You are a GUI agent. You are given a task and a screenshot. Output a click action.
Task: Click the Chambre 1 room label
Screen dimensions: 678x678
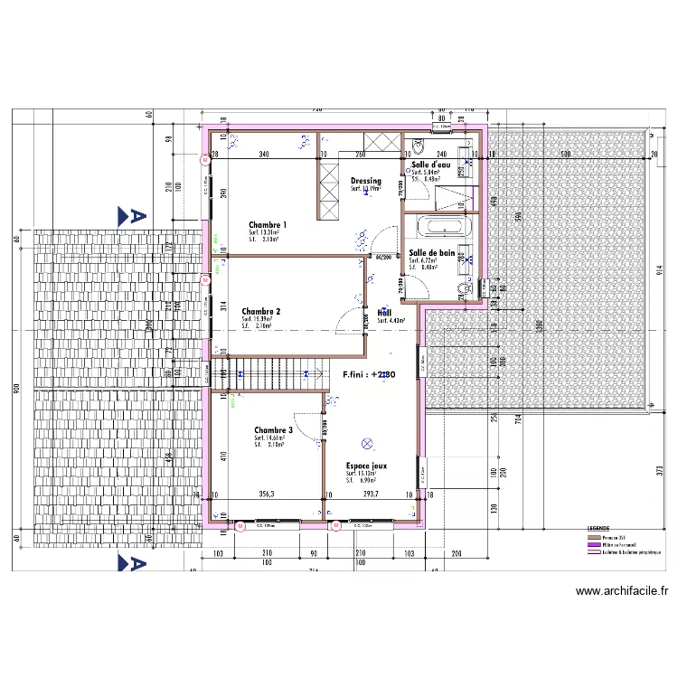pyautogui.click(x=268, y=224)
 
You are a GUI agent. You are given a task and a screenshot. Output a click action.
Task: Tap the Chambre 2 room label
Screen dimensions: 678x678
pyautogui.click(x=260, y=311)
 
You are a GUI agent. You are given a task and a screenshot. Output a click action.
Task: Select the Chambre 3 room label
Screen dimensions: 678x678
pyautogui.click(x=273, y=430)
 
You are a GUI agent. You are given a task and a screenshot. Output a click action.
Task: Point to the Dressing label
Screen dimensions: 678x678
pyautogui.click(x=366, y=182)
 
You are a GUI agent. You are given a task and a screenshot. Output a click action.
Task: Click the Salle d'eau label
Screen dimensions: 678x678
pyautogui.click(x=430, y=165)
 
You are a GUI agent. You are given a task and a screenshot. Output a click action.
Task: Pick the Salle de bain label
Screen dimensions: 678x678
pyautogui.click(x=432, y=253)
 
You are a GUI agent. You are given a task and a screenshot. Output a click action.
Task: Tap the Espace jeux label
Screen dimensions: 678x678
pyautogui.click(x=366, y=465)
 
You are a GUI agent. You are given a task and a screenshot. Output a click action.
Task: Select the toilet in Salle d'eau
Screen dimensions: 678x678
pyautogui.click(x=419, y=146)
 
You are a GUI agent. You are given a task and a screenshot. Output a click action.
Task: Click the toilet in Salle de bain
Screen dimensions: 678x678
pyautogui.click(x=466, y=287)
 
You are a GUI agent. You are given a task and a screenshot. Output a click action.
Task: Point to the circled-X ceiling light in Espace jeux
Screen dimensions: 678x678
pyautogui.click(x=367, y=443)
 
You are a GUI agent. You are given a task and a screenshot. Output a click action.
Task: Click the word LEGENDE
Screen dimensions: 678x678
pyautogui.click(x=598, y=528)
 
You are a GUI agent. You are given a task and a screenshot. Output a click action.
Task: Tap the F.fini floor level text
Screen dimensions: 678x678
pyautogui.click(x=369, y=372)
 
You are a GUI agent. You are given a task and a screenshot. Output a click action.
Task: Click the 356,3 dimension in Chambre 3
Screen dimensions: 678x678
pyautogui.click(x=266, y=494)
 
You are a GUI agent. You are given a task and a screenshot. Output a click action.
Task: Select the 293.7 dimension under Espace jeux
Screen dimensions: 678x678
pyautogui.click(x=363, y=494)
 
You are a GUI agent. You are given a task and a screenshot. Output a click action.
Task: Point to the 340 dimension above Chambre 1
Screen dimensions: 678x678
pyautogui.click(x=263, y=155)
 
